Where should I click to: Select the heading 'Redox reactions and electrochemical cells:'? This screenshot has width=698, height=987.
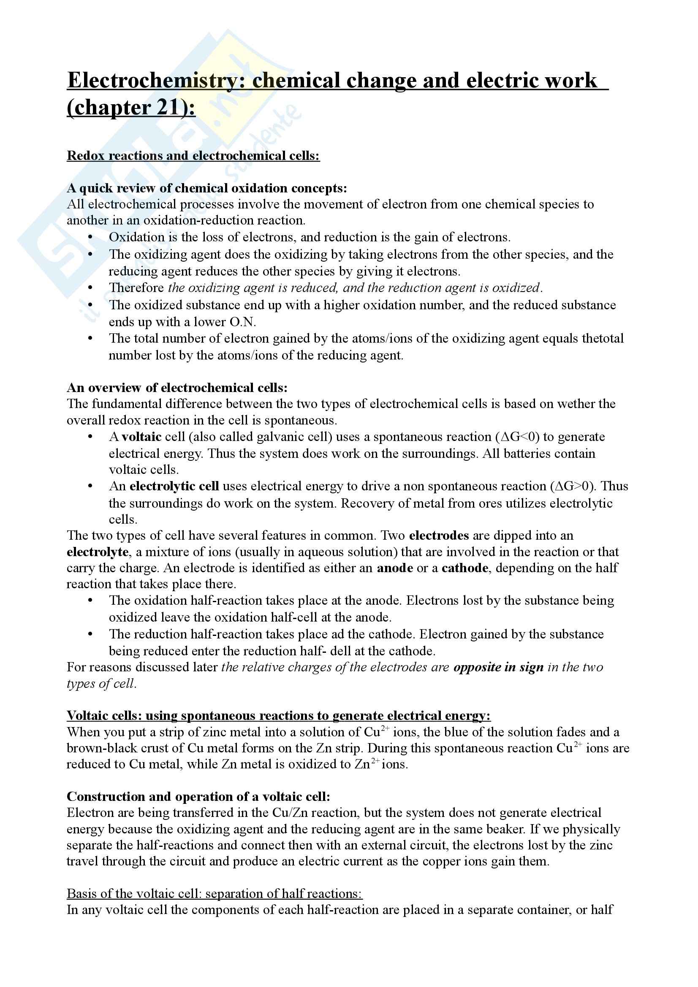click(193, 156)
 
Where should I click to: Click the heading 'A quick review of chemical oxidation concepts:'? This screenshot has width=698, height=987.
click(206, 188)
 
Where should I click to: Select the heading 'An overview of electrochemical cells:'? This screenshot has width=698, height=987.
click(177, 388)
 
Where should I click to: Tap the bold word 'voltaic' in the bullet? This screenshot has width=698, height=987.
click(141, 437)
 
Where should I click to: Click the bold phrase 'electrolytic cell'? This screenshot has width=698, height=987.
click(174, 486)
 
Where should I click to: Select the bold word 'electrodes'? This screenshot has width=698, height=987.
click(439, 535)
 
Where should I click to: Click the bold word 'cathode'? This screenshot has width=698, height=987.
click(464, 568)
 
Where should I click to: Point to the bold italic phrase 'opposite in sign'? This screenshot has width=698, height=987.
click(498, 667)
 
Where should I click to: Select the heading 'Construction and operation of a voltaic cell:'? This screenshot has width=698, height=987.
click(198, 797)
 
